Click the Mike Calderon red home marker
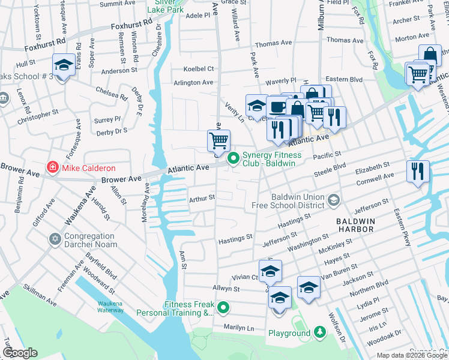point(53,167)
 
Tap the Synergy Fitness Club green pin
point(233,159)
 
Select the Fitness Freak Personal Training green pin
point(224,308)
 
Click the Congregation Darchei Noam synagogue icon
point(55,240)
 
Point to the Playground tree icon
point(319,332)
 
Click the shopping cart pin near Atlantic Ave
point(219,141)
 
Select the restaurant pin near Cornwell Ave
point(418,171)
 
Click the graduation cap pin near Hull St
point(63,65)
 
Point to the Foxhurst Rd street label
point(45,44)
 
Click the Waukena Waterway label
point(110,307)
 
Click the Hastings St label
point(236,238)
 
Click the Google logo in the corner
point(19,353)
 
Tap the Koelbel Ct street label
point(194,69)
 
